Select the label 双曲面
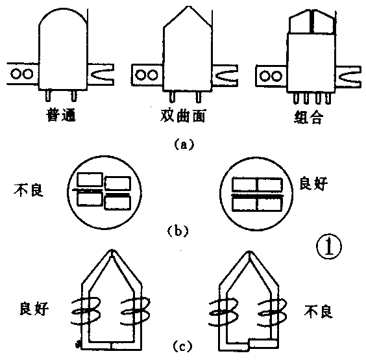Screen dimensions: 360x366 [184, 116]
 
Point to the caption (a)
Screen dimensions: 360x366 [184, 146]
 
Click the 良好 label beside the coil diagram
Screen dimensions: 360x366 [29, 308]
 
